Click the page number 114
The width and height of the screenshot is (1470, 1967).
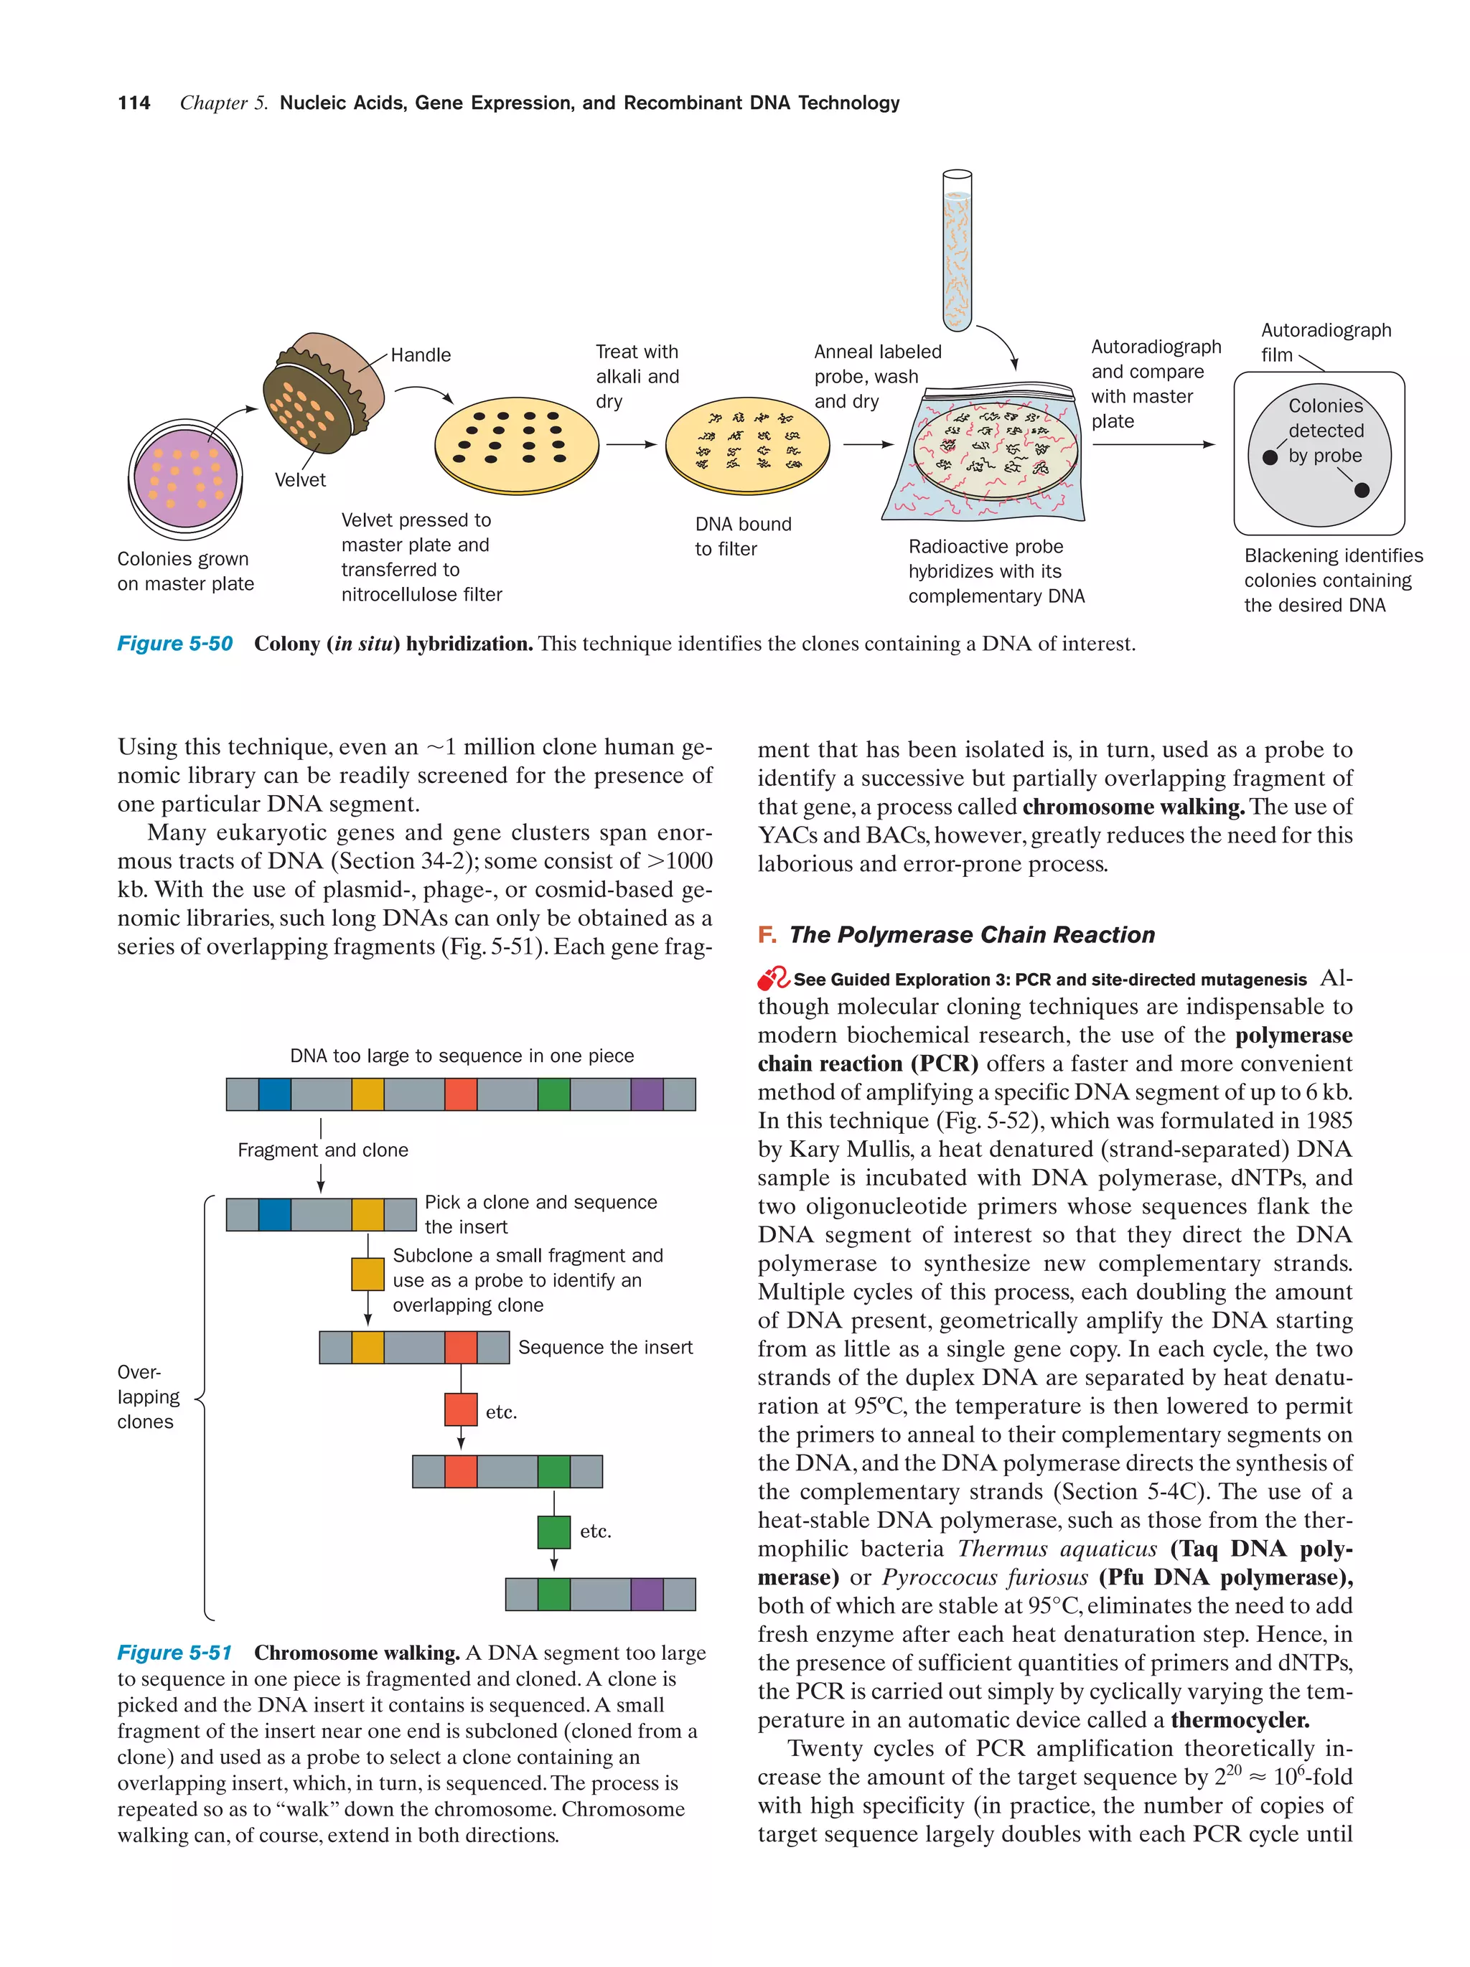pos(134,103)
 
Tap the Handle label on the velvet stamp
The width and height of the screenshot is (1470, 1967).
pos(420,355)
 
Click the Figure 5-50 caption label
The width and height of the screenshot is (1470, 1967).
pos(174,643)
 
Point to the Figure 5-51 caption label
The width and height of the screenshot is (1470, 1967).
pos(174,1652)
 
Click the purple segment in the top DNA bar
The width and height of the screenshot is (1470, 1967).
pos(647,1094)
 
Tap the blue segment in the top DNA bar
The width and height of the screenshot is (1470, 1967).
pos(274,1094)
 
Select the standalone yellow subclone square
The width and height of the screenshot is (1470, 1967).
pos(367,1274)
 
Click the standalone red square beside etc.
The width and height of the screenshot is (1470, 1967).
pos(461,1409)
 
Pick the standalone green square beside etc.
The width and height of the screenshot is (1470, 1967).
pos(553,1531)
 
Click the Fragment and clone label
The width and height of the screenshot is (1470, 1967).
pos(323,1150)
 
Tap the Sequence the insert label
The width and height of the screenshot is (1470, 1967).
pos(604,1347)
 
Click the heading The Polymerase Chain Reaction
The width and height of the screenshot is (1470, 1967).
pos(971,934)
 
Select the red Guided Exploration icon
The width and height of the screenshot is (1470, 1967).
pos(772,978)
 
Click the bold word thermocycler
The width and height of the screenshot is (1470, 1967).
pos(1240,1720)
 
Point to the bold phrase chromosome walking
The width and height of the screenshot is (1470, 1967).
pos(1133,807)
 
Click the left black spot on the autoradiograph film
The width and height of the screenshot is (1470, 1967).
pos(1270,457)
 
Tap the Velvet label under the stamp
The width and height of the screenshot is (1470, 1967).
pos(300,480)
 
